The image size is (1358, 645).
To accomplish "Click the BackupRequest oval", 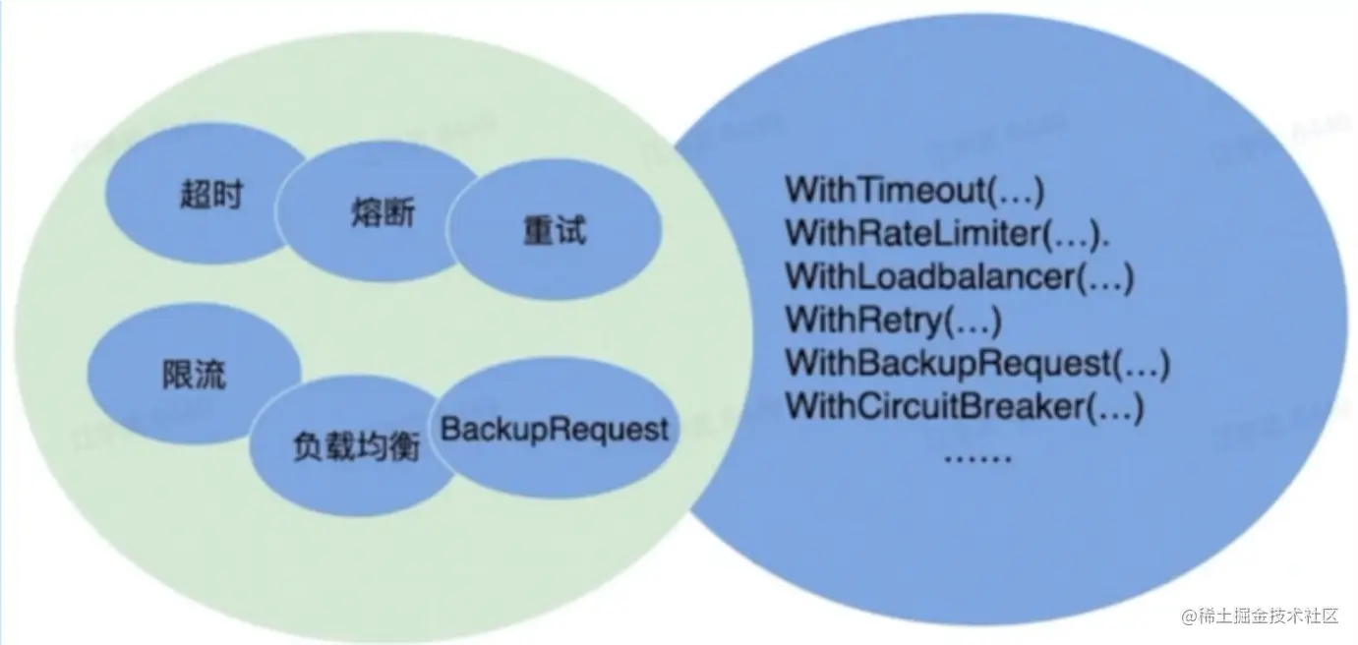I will [555, 430].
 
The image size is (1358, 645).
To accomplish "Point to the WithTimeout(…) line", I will [915, 189].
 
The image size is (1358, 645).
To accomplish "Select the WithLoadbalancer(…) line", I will [960, 276].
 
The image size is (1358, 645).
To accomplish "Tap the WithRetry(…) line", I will [893, 320].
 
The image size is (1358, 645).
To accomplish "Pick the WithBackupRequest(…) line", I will [977, 363].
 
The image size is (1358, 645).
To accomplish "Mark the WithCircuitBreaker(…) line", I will [965, 406].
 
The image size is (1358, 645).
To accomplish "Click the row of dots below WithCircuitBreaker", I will [977, 456].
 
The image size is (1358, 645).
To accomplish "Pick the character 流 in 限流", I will [209, 374].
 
